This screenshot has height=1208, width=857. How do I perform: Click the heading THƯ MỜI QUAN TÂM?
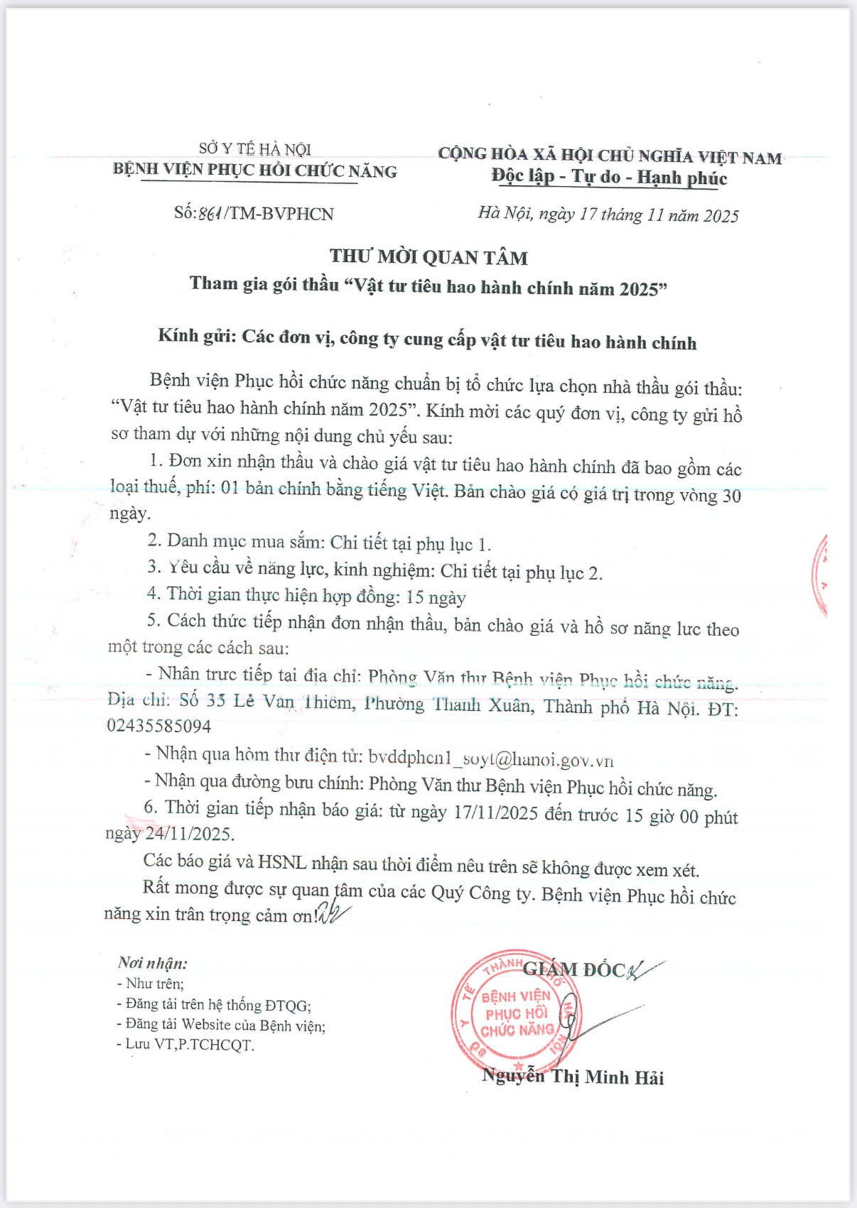click(428, 257)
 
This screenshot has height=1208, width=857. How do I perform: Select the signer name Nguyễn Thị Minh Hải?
click(573, 1077)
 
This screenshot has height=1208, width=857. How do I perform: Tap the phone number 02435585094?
click(159, 726)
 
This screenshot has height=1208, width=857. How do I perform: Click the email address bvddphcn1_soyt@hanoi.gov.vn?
click(490, 758)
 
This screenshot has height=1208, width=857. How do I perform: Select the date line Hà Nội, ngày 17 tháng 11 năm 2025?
click(608, 214)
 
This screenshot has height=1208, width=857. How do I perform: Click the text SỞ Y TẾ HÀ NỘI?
click(254, 148)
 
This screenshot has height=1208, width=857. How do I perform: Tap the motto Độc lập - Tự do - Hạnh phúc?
click(610, 177)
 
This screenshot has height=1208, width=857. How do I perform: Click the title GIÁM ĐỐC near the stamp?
click(574, 969)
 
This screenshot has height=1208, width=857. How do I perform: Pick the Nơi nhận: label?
click(153, 963)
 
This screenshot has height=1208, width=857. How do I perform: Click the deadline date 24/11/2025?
click(189, 833)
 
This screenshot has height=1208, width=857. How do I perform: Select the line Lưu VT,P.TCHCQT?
click(185, 1045)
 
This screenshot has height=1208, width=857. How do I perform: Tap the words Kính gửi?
click(196, 336)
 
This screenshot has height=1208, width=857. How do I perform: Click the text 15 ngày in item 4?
click(436, 597)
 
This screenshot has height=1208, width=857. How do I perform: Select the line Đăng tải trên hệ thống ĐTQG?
click(214, 1004)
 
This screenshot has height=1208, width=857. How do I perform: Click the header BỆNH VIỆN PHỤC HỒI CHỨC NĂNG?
click(254, 170)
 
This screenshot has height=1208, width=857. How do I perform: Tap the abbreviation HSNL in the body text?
click(282, 862)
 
